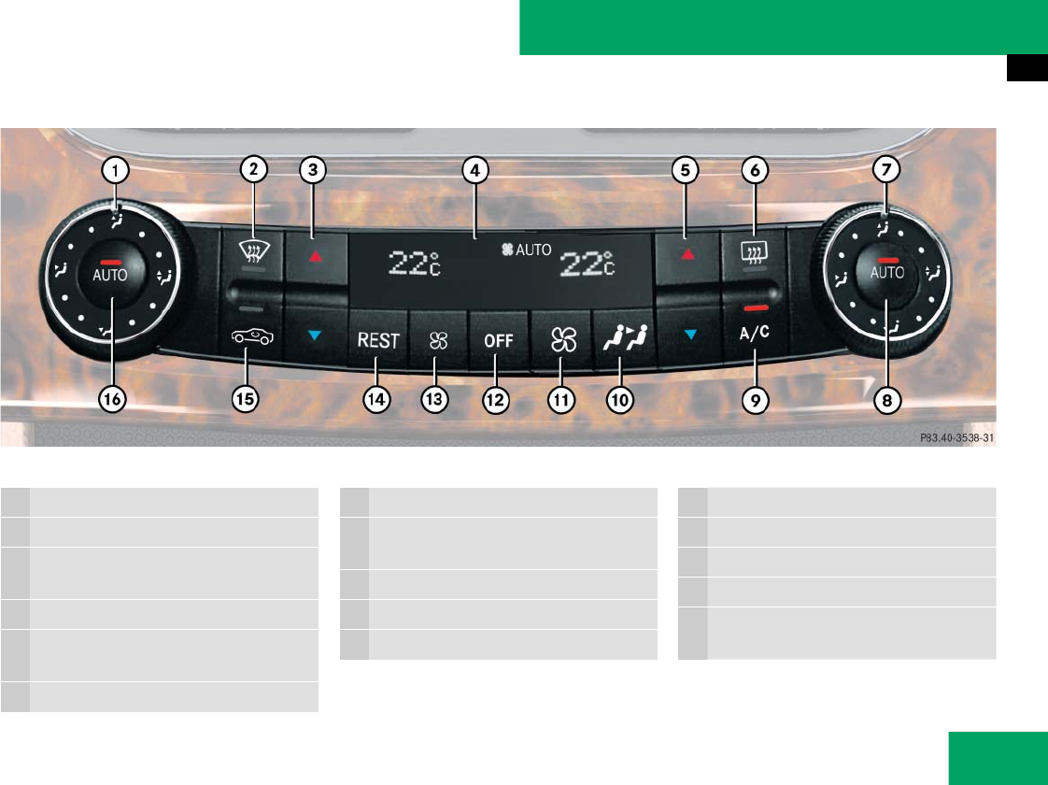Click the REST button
[378, 341]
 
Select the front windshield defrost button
[252, 250]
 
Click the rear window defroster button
[755, 250]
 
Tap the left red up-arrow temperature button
[315, 253]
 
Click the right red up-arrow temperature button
[688, 253]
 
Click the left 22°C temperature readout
[415, 264]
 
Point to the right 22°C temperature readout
[586, 264]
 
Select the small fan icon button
[436, 340]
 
